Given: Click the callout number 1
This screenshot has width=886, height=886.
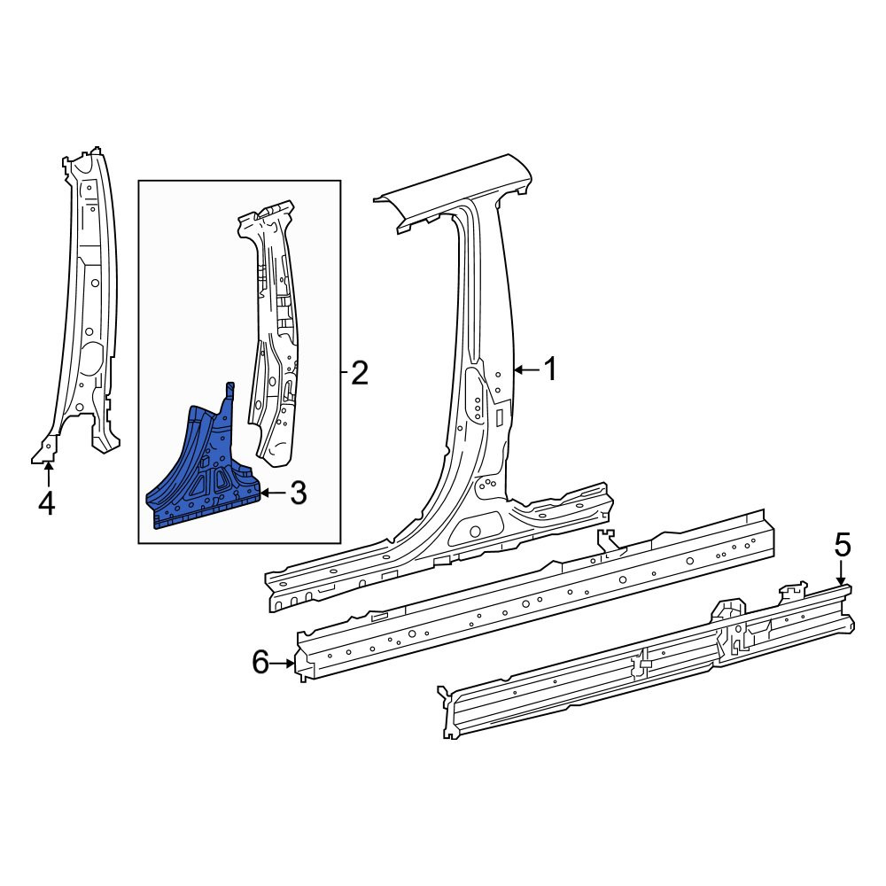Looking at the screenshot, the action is [549, 369].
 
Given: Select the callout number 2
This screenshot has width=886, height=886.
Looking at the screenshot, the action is [360, 373].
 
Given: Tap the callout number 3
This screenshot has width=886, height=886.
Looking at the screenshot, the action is [298, 493].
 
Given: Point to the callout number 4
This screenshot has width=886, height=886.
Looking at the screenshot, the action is [46, 502].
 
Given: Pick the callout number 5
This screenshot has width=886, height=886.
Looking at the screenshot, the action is [842, 546].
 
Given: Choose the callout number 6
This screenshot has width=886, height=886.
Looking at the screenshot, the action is [260, 662].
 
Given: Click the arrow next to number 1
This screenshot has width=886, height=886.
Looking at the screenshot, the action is [526, 370].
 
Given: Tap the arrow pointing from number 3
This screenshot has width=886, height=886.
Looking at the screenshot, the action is [273, 494].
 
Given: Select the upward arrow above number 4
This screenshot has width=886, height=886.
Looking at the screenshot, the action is [49, 474].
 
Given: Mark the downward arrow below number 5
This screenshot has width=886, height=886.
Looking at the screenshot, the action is [842, 575].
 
